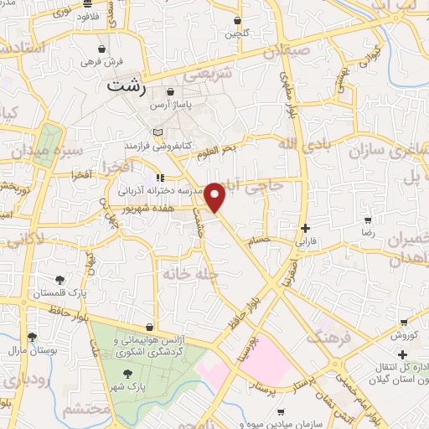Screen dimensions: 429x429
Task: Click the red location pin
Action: click(215, 196)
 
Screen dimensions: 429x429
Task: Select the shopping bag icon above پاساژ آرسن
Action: click(171, 92)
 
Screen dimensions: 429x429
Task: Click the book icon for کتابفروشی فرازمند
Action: click(160, 133)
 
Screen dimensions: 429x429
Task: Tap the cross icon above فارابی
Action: click(305, 227)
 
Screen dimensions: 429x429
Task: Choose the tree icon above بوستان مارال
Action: click(32, 337)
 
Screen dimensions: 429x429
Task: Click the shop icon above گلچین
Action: click(237, 21)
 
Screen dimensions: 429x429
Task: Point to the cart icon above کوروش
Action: click(405, 322)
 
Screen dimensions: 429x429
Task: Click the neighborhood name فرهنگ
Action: click(325, 339)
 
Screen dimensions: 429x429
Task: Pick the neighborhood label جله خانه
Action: click(194, 274)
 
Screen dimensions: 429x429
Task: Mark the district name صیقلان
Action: click(287, 51)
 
